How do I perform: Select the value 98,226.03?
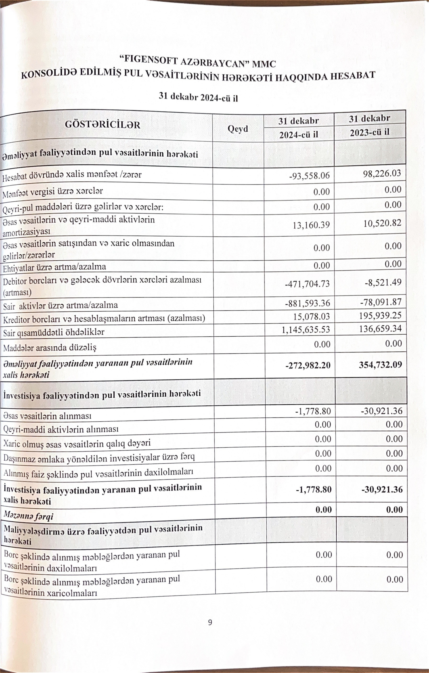382,173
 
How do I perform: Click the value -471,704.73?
307,284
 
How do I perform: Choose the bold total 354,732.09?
380,364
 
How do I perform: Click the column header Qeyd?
238,129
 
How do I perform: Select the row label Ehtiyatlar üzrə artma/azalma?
55,267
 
